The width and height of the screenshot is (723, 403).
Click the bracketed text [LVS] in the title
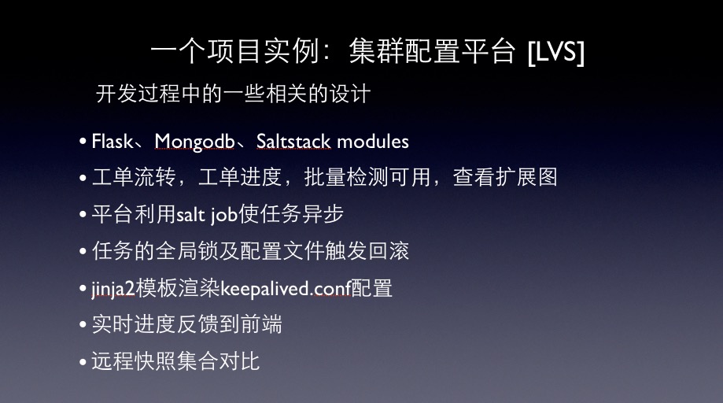coord(556,52)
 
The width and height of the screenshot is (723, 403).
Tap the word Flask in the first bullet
coord(112,141)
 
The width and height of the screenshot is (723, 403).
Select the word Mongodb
coord(194,142)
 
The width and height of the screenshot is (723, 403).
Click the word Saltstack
coord(293,141)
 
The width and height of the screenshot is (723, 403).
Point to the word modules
coord(373,141)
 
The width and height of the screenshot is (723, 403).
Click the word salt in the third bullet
coord(190,214)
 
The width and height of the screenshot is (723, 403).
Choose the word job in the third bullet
coord(223,216)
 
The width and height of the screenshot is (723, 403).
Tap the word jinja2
coord(113,289)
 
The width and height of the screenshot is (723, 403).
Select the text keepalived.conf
coord(286,289)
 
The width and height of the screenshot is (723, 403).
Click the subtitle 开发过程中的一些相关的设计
coord(234,94)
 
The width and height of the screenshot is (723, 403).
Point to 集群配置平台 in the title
coord(432,50)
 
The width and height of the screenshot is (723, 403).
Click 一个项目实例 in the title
coord(234,50)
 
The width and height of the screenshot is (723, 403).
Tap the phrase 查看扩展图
coord(505,178)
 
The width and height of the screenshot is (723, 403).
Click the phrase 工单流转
coord(134,178)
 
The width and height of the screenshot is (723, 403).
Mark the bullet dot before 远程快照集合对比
coord(83,362)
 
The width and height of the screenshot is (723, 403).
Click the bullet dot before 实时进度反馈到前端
coord(83,325)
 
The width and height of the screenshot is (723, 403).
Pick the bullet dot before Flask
coord(83,142)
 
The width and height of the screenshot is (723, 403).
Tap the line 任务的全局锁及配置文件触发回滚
coord(250,251)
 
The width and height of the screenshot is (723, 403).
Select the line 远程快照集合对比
coord(175,361)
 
